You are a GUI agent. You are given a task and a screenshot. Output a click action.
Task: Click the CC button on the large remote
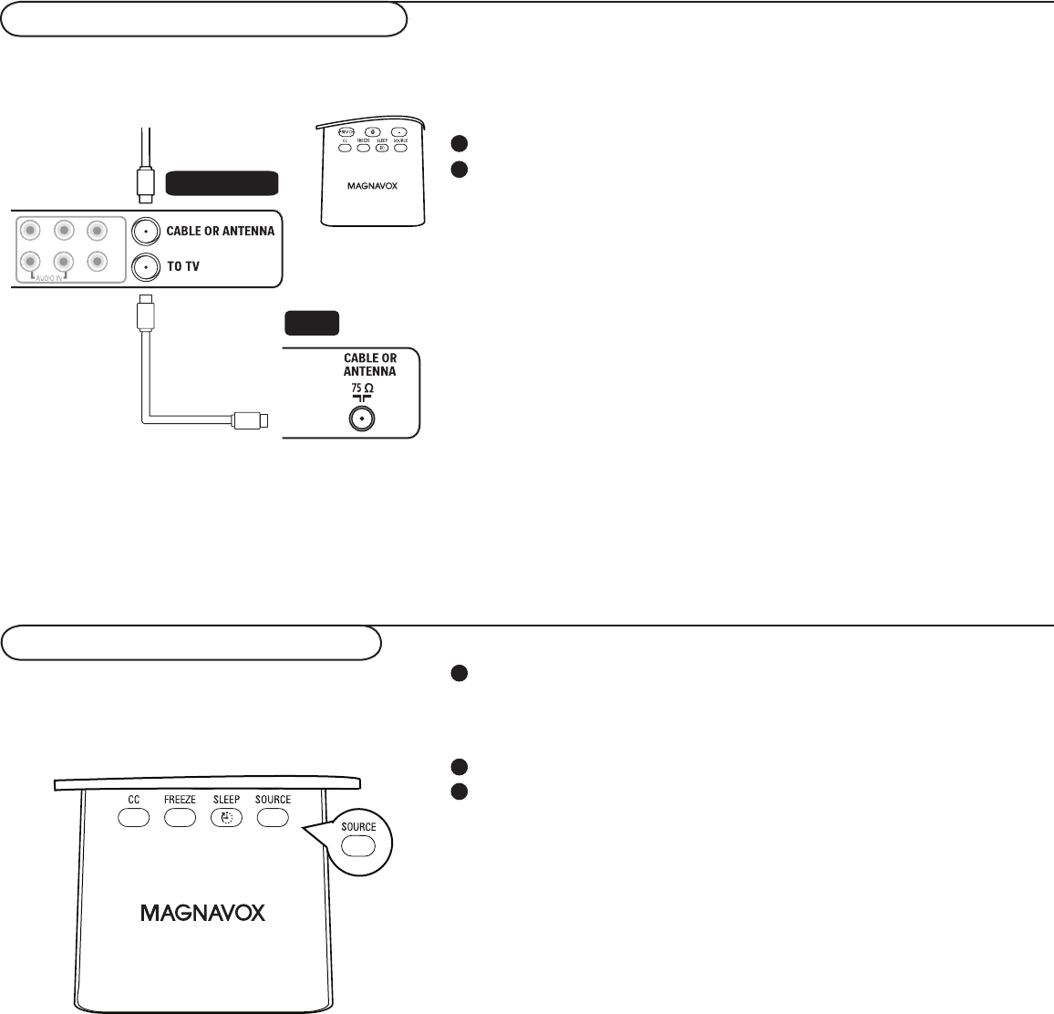click(133, 818)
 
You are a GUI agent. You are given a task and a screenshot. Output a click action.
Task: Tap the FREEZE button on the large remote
click(181, 818)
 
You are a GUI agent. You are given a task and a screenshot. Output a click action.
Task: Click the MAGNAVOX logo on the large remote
click(203, 912)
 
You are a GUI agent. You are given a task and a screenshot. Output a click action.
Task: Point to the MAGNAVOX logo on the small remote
click(373, 183)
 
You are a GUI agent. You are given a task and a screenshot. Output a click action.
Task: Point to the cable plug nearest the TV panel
click(250, 420)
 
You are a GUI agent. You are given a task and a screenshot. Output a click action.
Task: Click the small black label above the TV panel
click(312, 324)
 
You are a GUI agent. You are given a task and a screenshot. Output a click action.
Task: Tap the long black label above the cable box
click(221, 183)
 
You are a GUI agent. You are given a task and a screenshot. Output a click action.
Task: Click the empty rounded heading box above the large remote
click(191, 642)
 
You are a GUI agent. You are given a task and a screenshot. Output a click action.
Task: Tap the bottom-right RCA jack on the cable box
click(98, 261)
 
